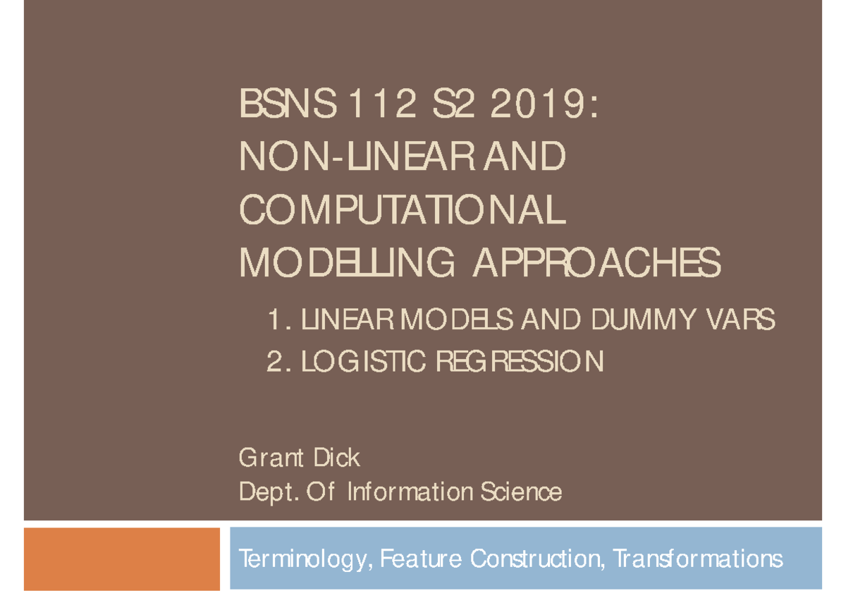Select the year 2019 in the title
click(542, 106)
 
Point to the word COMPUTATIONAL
click(403, 211)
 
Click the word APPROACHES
click(596, 264)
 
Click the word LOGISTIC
click(364, 362)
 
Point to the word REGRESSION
click(520, 362)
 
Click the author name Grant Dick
click(300, 458)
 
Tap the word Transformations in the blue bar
click(697, 559)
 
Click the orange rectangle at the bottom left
click(122, 559)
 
